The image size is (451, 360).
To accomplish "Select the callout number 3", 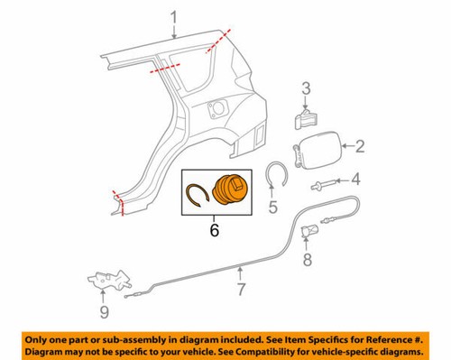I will coord(306,88).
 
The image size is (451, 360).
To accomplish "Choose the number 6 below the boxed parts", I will coord(214,231).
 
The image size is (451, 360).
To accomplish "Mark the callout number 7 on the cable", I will coord(241,290).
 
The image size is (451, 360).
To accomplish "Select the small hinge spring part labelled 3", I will coord(305,117).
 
